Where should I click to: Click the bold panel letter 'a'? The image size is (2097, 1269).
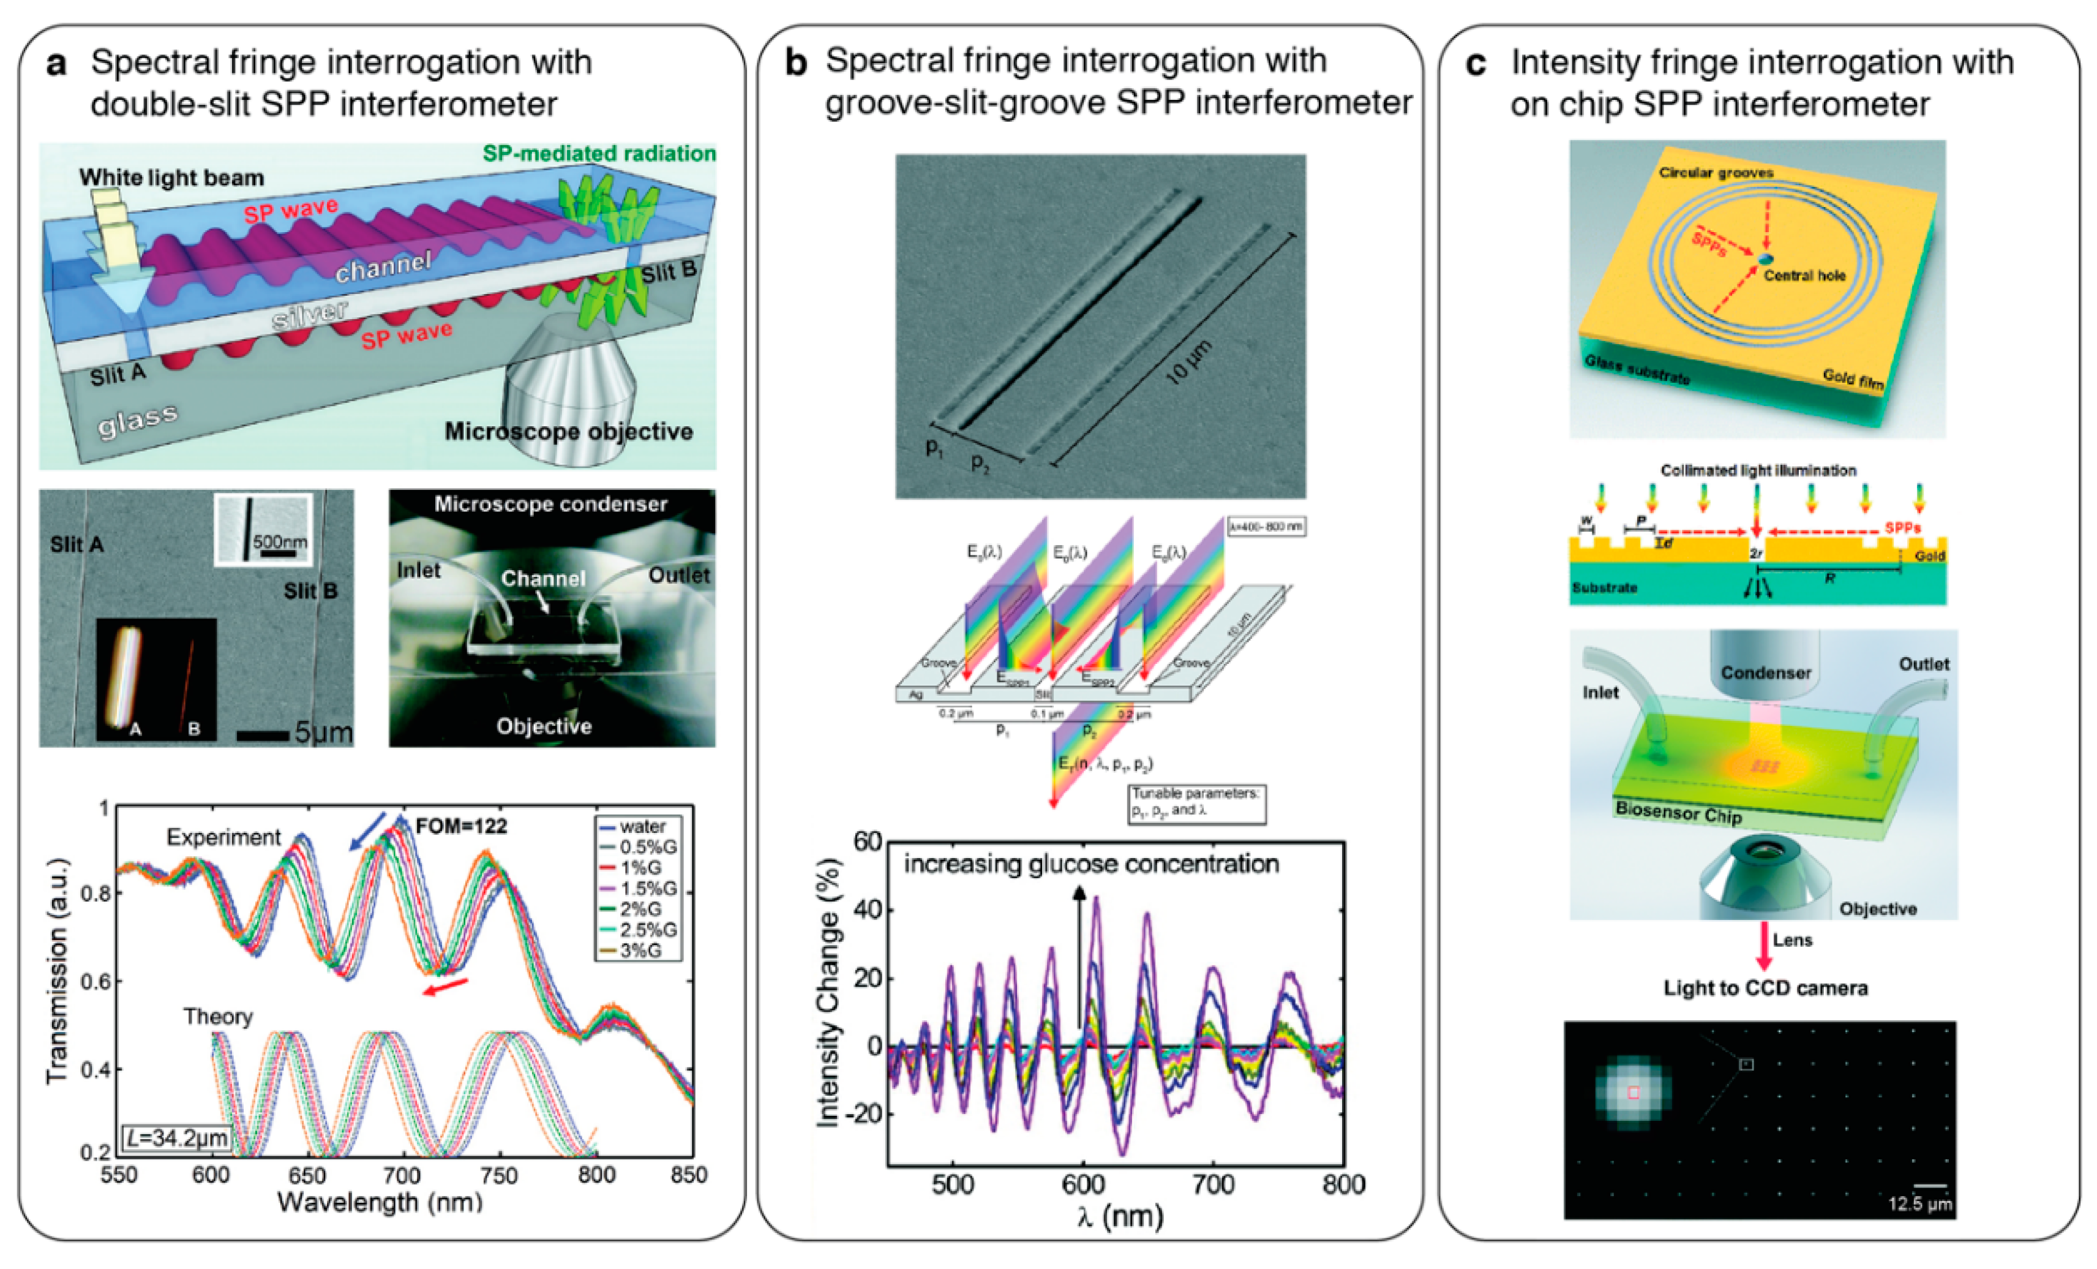[56, 64]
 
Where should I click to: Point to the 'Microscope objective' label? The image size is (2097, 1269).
[569, 432]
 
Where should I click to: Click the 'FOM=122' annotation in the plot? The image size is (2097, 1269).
[461, 826]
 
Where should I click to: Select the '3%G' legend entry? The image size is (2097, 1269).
[640, 950]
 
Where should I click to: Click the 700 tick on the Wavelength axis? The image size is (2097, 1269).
[402, 1175]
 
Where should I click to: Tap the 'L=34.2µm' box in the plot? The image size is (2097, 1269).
[177, 1137]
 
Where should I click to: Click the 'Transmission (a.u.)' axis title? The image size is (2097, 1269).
[58, 970]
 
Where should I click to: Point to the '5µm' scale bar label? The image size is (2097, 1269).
[323, 732]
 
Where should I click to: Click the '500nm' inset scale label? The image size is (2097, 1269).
[280, 542]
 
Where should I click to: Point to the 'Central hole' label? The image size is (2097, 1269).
[1804, 275]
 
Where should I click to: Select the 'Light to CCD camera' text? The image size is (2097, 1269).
[1765, 988]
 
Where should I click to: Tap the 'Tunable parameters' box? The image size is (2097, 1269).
[1196, 802]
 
